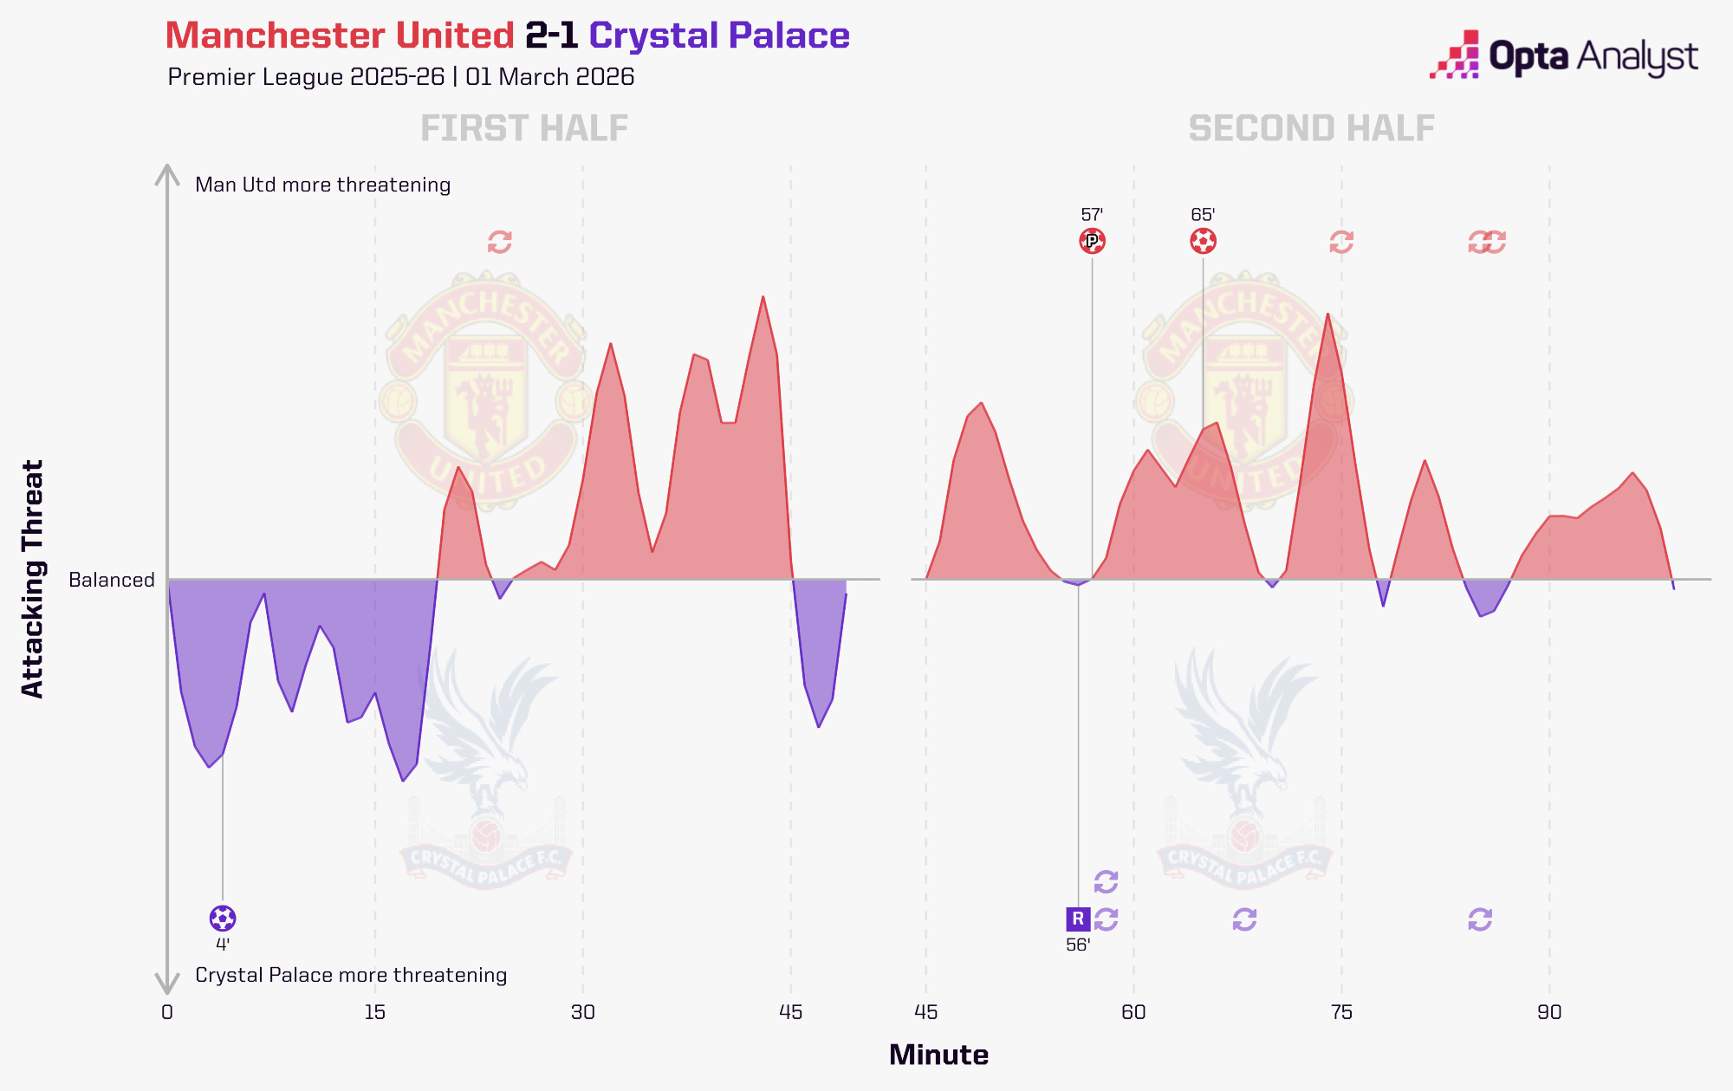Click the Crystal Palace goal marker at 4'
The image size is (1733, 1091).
coord(223,918)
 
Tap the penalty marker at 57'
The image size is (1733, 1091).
coord(1092,241)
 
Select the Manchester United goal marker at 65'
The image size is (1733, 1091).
coord(1203,241)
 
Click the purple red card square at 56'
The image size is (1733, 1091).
coord(1078,919)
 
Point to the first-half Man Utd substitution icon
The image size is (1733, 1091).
coord(499,242)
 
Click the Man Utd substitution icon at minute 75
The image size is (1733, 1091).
coord(1341,242)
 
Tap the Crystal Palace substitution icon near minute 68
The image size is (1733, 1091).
coord(1244,919)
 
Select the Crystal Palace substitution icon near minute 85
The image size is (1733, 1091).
coord(1480,919)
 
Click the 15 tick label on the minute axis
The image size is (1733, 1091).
coord(374,1012)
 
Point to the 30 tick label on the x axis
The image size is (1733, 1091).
coord(582,1012)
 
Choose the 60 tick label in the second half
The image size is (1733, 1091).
coord(1133,1012)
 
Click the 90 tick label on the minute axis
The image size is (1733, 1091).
coord(1549,1012)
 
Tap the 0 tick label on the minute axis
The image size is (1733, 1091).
coord(167,1012)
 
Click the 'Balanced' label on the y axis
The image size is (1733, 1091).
coord(112,580)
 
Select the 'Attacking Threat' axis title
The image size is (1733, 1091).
coord(32,579)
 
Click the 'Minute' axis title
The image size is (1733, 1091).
coord(938,1055)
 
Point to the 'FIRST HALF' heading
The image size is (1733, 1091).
coord(524,129)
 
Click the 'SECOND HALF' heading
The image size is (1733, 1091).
coord(1311,129)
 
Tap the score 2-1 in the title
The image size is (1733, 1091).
coord(551,36)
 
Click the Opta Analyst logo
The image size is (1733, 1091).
coord(1563,56)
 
